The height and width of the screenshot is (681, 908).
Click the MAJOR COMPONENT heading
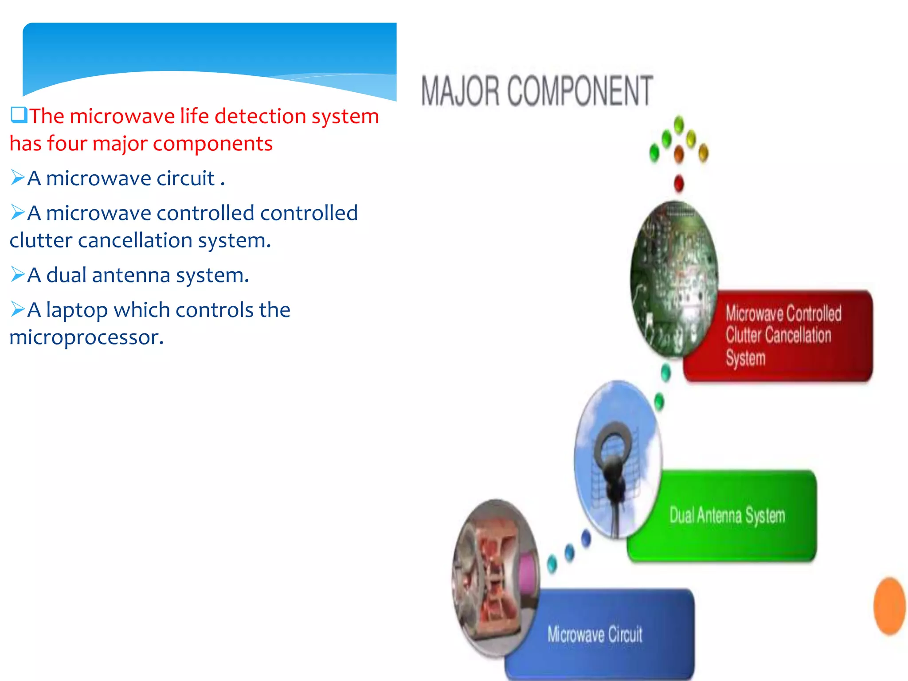(x=536, y=91)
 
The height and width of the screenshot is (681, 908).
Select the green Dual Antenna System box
(x=727, y=516)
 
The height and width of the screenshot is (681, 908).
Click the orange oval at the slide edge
(x=889, y=606)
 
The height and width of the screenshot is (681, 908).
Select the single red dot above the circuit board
(x=679, y=183)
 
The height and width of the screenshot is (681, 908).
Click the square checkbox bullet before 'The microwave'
(x=19, y=115)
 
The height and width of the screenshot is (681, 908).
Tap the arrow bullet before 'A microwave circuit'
(x=18, y=178)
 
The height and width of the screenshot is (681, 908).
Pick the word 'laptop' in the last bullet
(x=77, y=310)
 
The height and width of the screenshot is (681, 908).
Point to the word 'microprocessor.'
(x=86, y=338)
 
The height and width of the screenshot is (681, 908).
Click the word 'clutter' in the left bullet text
(x=41, y=241)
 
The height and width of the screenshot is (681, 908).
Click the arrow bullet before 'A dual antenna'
(x=18, y=275)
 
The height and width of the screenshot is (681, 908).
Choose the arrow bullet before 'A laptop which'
(x=18, y=309)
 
